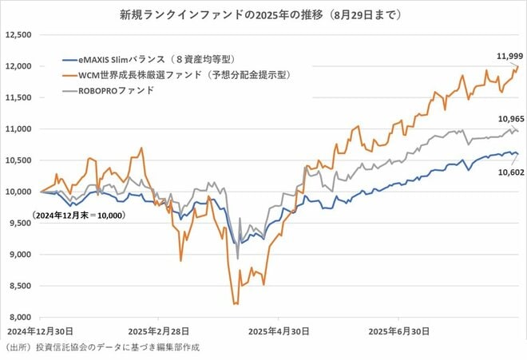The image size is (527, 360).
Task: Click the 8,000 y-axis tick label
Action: point(18,317)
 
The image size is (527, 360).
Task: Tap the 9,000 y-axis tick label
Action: point(18,255)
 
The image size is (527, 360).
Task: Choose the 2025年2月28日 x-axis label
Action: point(159,330)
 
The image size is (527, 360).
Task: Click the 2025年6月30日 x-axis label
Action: point(396,330)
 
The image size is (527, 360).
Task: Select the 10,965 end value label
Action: point(497,118)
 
